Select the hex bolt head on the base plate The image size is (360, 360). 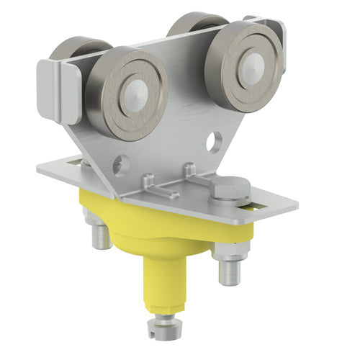230,190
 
